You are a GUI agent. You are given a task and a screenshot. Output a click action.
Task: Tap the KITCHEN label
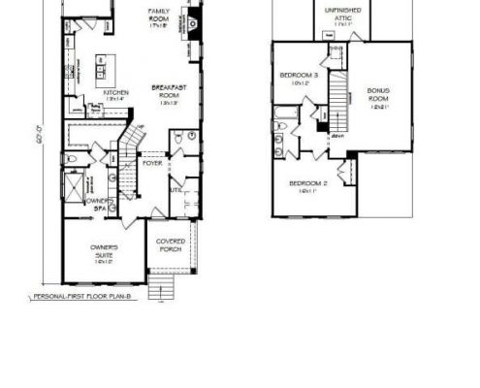(117, 95)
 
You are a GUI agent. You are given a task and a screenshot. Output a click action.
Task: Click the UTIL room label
(176, 192)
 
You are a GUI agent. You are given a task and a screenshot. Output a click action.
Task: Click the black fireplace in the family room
(193, 21)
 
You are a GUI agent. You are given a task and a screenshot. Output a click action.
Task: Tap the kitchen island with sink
(104, 70)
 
